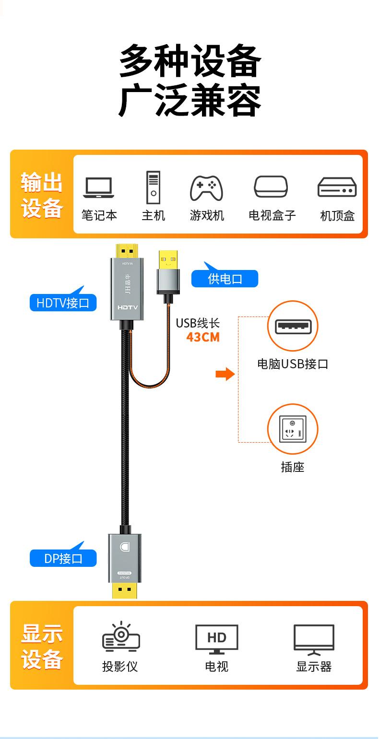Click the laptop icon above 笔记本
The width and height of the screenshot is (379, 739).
(x=99, y=188)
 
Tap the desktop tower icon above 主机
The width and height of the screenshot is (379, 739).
(x=153, y=187)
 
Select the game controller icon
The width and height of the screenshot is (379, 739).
(x=206, y=188)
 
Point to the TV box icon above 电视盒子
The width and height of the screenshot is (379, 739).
(x=271, y=187)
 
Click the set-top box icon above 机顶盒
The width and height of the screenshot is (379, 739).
(x=337, y=188)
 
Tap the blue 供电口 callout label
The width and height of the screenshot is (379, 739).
(x=225, y=279)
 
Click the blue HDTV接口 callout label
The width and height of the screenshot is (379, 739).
(x=63, y=303)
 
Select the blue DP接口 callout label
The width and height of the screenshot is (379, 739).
(x=63, y=558)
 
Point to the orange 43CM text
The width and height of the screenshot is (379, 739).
(x=203, y=337)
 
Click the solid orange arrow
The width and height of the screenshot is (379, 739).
(x=225, y=374)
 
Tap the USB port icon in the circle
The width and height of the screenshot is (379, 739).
(x=293, y=327)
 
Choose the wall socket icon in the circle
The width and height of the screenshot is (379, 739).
(x=293, y=429)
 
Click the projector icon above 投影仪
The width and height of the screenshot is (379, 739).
(x=121, y=638)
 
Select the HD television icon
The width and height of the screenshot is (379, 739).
(x=216, y=639)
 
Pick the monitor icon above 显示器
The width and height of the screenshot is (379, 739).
(x=314, y=640)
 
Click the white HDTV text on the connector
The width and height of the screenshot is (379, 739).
(x=128, y=307)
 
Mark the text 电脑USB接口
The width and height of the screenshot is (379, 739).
(x=293, y=364)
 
